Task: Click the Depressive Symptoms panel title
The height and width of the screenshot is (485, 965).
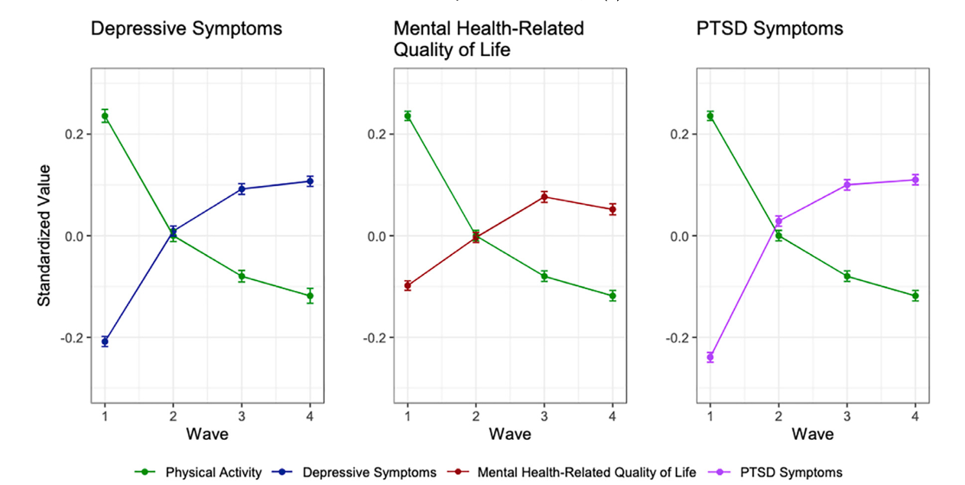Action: pyautogui.click(x=186, y=29)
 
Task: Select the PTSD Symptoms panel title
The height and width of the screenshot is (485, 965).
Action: pyautogui.click(x=770, y=29)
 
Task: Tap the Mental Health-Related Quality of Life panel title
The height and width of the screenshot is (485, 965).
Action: pyautogui.click(x=488, y=38)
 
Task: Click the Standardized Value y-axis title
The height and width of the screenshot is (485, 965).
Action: pyautogui.click(x=45, y=236)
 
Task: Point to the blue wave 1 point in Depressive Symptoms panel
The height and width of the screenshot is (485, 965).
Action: pyautogui.click(x=105, y=341)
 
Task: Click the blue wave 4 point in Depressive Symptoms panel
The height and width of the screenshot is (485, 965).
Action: pyautogui.click(x=310, y=181)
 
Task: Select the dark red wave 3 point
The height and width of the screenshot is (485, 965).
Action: pyautogui.click(x=544, y=197)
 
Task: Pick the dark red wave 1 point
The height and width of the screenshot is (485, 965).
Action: pyautogui.click(x=408, y=285)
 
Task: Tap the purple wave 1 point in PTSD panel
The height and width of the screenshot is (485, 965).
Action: pyautogui.click(x=710, y=356)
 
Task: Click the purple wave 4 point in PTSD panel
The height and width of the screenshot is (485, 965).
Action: pyautogui.click(x=915, y=180)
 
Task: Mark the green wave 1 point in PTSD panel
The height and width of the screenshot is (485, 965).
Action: pyautogui.click(x=710, y=116)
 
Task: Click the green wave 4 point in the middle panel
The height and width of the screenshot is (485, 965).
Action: pyautogui.click(x=612, y=295)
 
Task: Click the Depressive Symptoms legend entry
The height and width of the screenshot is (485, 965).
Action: pyautogui.click(x=369, y=472)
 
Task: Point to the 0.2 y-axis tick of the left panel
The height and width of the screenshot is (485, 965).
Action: pyautogui.click(x=73, y=134)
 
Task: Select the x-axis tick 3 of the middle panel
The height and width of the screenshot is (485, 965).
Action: pyautogui.click(x=544, y=415)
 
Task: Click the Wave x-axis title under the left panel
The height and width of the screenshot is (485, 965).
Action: pyautogui.click(x=207, y=435)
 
